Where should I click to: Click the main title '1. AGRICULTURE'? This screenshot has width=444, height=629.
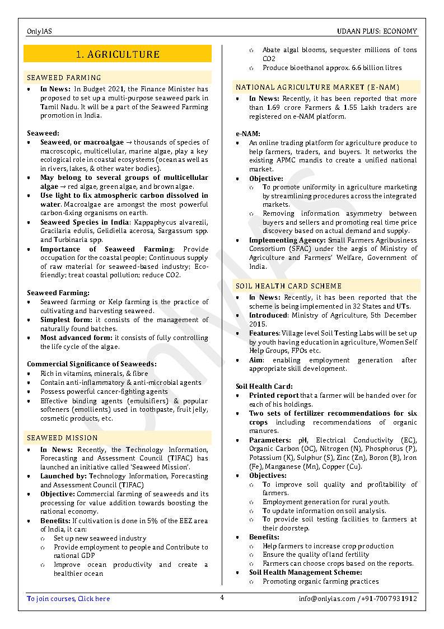pyautogui.click(x=118, y=54)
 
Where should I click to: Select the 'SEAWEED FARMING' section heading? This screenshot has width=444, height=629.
pyautogui.click(x=64, y=78)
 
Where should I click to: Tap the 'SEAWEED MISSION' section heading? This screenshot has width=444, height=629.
pyautogui.click(x=62, y=438)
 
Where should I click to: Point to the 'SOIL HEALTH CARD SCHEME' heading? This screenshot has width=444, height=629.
pyautogui.click(x=288, y=286)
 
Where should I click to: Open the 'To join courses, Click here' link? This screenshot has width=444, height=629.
pyautogui.click(x=68, y=599)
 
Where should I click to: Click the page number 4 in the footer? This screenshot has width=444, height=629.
pyautogui.click(x=222, y=598)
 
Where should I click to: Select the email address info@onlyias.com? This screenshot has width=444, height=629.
pyautogui.click(x=327, y=599)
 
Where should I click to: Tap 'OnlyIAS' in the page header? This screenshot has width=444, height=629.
pyautogui.click(x=39, y=31)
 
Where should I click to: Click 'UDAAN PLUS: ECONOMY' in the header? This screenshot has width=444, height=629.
pyautogui.click(x=377, y=31)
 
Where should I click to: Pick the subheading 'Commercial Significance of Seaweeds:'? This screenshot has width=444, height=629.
pyautogui.click(x=92, y=364)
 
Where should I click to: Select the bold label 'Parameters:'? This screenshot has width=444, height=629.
pyautogui.click(x=270, y=440)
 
